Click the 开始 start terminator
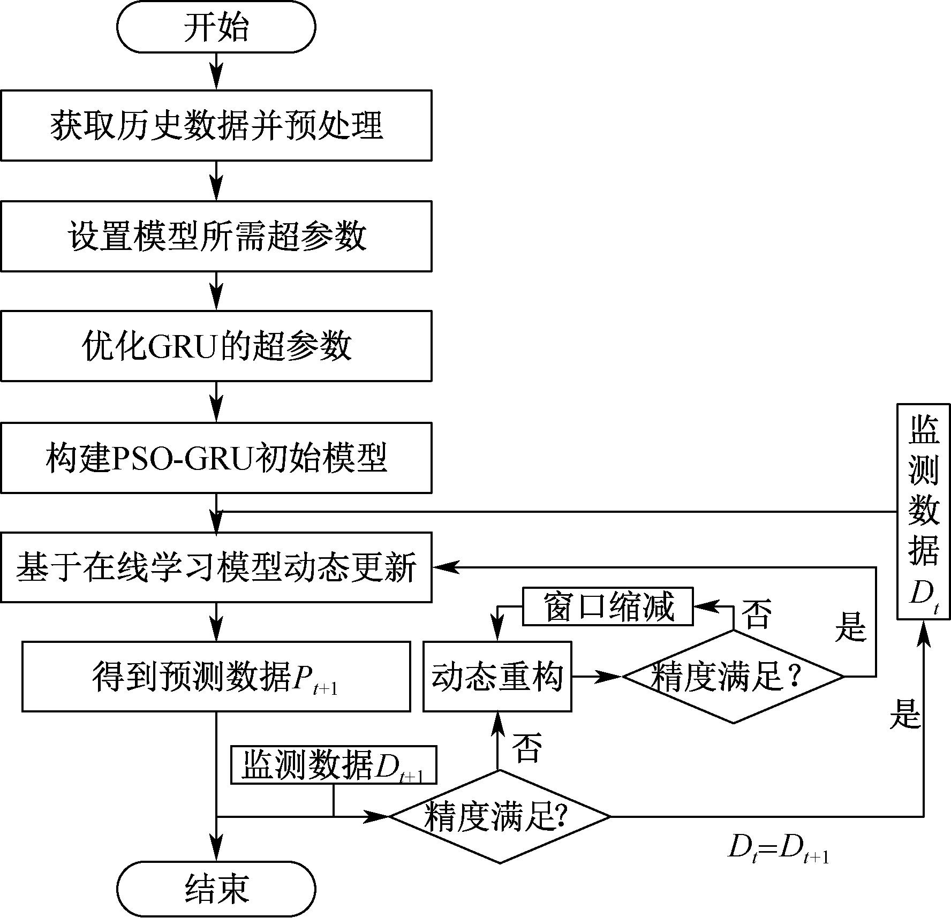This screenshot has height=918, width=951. click(x=216, y=27)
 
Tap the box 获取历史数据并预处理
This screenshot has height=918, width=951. click(x=216, y=125)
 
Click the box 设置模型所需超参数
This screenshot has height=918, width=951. click(x=216, y=236)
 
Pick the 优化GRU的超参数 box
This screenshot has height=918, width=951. click(x=216, y=346)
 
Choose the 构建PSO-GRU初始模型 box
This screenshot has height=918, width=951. click(x=216, y=458)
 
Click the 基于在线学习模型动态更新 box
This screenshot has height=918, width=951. click(x=216, y=567)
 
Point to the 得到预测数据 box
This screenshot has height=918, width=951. click(x=216, y=677)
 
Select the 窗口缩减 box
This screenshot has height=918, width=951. click(x=608, y=606)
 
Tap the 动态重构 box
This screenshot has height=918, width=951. click(x=497, y=677)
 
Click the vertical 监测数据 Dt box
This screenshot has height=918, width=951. click(x=924, y=512)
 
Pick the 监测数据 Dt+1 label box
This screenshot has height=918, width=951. click(x=334, y=766)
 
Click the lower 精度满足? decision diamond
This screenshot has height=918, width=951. click(x=500, y=817)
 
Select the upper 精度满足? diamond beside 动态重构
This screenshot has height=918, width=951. click(x=733, y=677)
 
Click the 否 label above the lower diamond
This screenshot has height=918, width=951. click(x=527, y=747)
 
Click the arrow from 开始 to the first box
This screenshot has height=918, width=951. click(x=216, y=71)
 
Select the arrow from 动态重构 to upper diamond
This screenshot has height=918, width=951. click(x=597, y=677)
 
